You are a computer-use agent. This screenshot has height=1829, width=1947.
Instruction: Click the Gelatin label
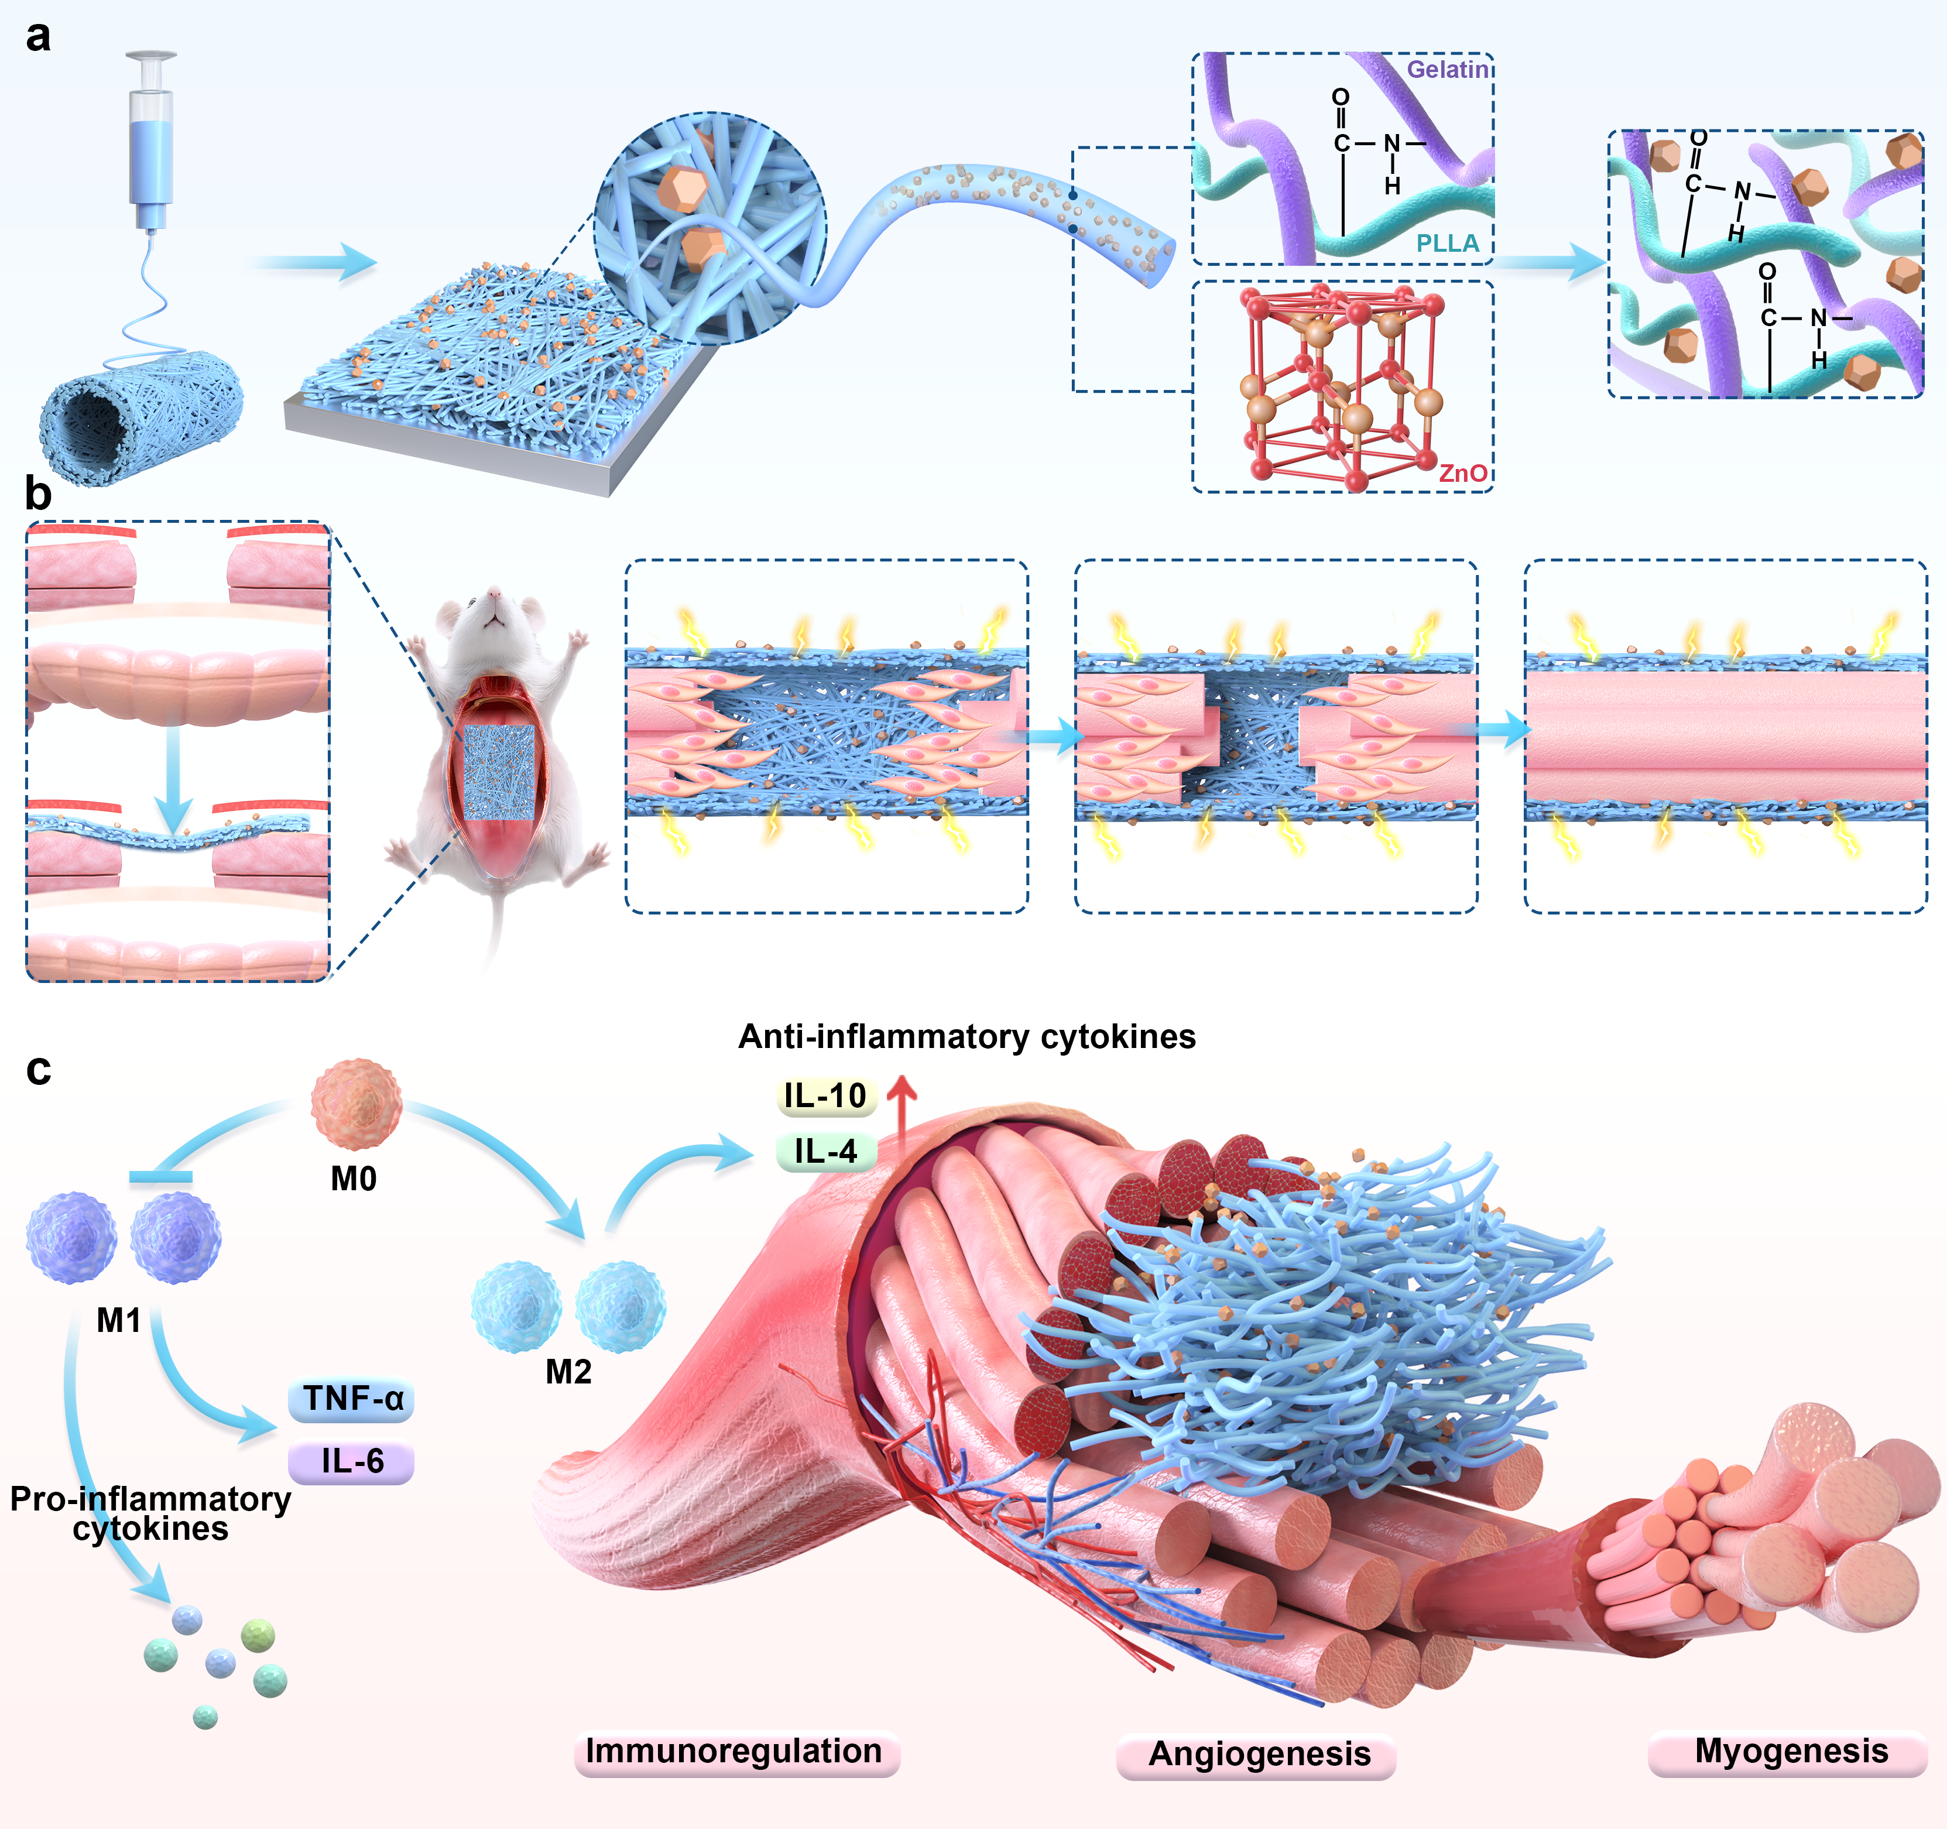[x=1448, y=70]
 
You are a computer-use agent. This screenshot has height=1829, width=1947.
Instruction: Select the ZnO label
[x=1462, y=473]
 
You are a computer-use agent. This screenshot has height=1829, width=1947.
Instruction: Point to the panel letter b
[x=38, y=493]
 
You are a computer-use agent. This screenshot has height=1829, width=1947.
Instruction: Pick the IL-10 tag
[x=825, y=1095]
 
